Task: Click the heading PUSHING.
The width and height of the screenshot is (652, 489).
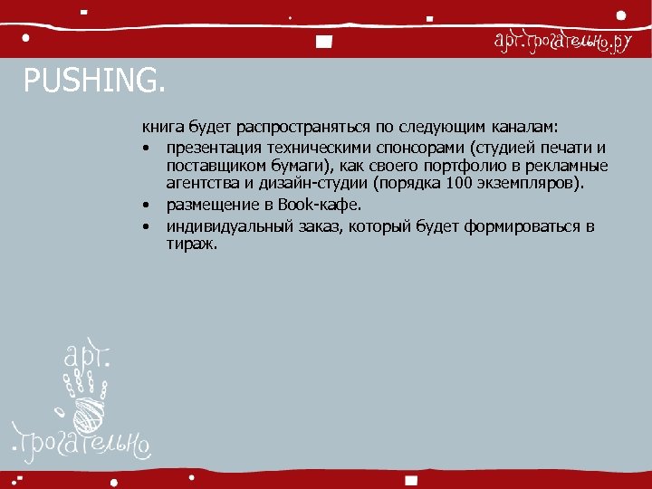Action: point(95,82)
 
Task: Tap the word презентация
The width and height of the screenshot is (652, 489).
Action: point(211,149)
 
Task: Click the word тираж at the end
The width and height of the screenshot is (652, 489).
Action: point(190,244)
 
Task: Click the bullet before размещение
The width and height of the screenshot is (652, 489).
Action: point(146,206)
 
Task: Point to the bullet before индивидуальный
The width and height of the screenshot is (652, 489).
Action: point(146,227)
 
